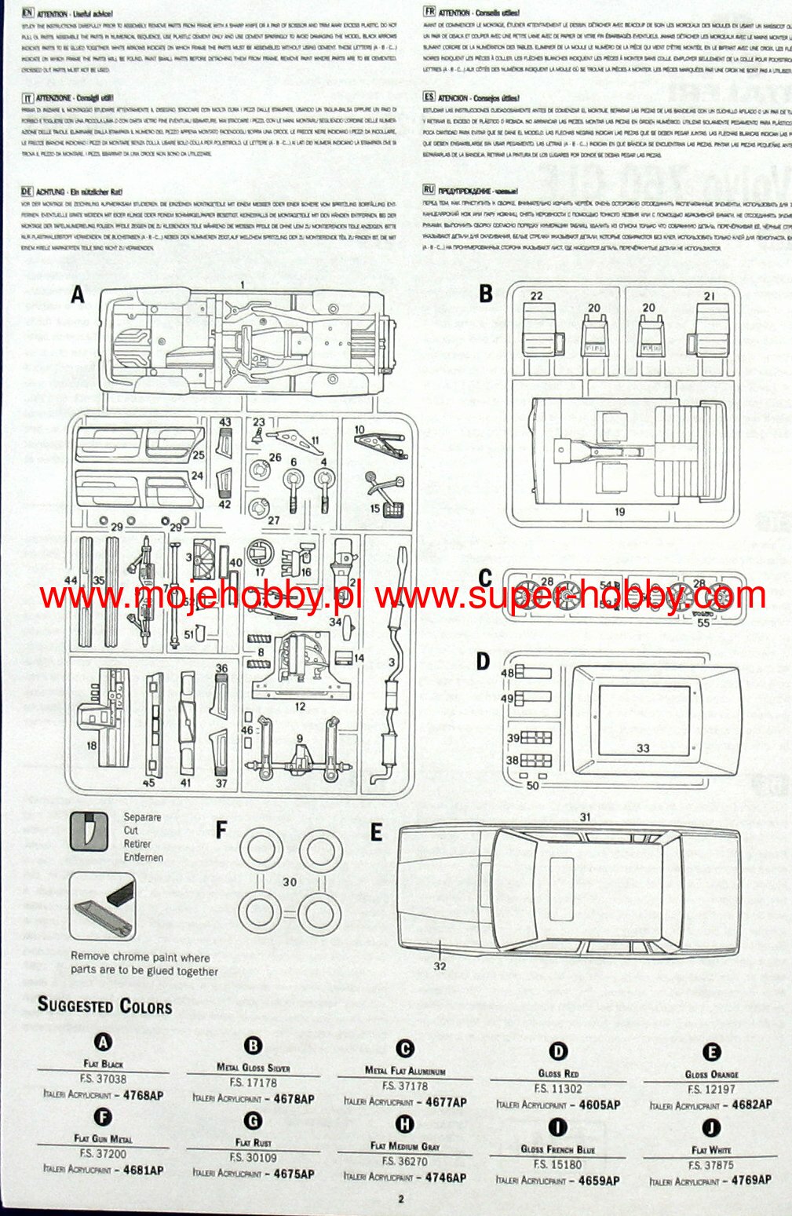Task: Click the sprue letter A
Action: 77,295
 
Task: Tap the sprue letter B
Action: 486,294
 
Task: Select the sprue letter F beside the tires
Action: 221,830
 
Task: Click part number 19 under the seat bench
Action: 619,512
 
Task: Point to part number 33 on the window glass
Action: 644,748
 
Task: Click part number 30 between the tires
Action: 290,882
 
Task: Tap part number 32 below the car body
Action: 440,966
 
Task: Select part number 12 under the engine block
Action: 300,707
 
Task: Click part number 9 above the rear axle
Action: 299,739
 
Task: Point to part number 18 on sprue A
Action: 92,745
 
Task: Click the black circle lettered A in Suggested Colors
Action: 103,1042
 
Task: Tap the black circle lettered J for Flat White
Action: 711,1128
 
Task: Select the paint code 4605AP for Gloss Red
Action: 599,1105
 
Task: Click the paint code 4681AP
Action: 143,1170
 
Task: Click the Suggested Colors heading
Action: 104,1006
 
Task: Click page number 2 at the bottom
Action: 400,1199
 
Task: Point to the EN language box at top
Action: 28,13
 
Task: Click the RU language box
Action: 429,189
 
